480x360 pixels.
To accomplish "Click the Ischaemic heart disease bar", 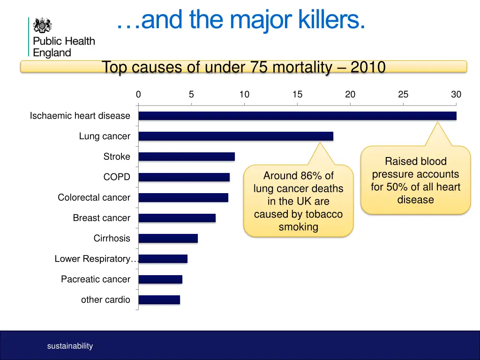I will [x=297, y=116].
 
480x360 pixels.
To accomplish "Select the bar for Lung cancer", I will [x=236, y=136].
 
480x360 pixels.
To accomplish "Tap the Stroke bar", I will [x=187, y=157].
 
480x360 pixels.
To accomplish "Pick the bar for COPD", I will [x=184, y=177].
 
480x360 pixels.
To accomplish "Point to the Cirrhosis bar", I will [x=168, y=238].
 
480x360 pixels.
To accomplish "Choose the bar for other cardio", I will [x=159, y=300].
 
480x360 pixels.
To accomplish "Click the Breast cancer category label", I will [x=101, y=218].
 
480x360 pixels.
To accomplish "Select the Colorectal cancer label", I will [x=94, y=197].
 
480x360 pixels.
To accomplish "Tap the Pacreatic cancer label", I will [x=96, y=279].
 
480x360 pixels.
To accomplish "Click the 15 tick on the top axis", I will [x=297, y=95].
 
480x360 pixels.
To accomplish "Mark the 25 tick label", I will [x=403, y=95].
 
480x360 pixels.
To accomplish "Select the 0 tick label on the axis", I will [x=138, y=95].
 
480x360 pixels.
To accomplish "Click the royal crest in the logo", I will [x=43, y=25].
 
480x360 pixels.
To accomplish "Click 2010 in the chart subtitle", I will [x=367, y=67].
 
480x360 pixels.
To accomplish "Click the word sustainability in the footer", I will [x=70, y=346].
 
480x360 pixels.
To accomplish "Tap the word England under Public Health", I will [x=52, y=53].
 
